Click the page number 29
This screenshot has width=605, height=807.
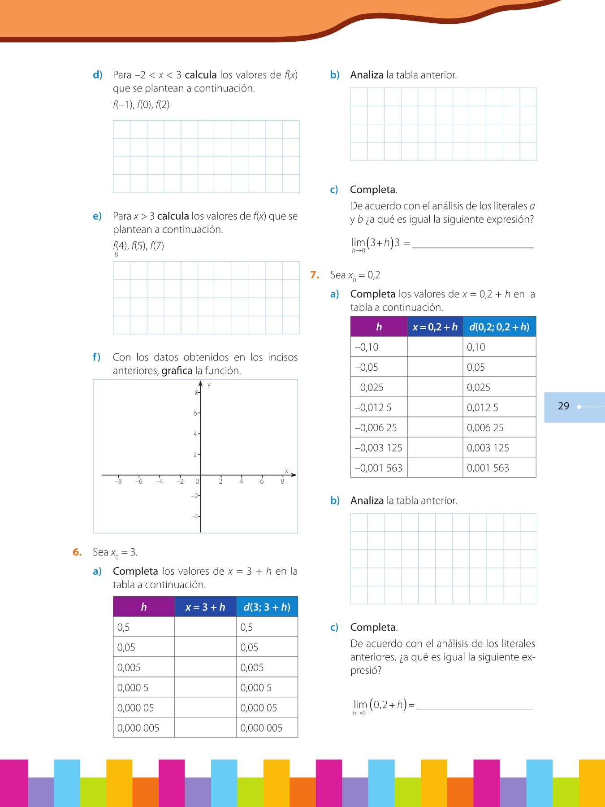click(x=563, y=406)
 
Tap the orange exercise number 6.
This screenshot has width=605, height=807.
click(x=77, y=552)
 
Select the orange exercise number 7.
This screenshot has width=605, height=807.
click(x=315, y=275)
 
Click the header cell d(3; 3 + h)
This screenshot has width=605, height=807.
click(x=267, y=607)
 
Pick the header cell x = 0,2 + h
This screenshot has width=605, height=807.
click(x=435, y=327)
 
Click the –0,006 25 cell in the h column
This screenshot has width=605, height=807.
click(x=376, y=428)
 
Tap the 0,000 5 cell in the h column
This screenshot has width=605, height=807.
click(x=133, y=688)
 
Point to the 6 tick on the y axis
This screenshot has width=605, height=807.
click(x=195, y=413)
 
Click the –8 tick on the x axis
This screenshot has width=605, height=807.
click(x=118, y=482)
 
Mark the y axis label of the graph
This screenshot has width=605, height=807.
click(x=209, y=385)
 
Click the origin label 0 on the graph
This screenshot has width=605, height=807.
click(x=197, y=482)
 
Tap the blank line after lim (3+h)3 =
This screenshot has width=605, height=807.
click(x=473, y=246)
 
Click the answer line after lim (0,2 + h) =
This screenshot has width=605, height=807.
click(x=474, y=707)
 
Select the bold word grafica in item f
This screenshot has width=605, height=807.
click(x=177, y=371)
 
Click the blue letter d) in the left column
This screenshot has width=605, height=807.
click(x=97, y=75)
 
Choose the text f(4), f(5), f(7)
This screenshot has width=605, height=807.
click(x=138, y=246)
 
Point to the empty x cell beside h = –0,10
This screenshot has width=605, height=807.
click(x=435, y=347)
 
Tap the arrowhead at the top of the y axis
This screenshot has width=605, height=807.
click(x=200, y=383)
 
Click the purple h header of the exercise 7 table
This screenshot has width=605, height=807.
click(x=379, y=327)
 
